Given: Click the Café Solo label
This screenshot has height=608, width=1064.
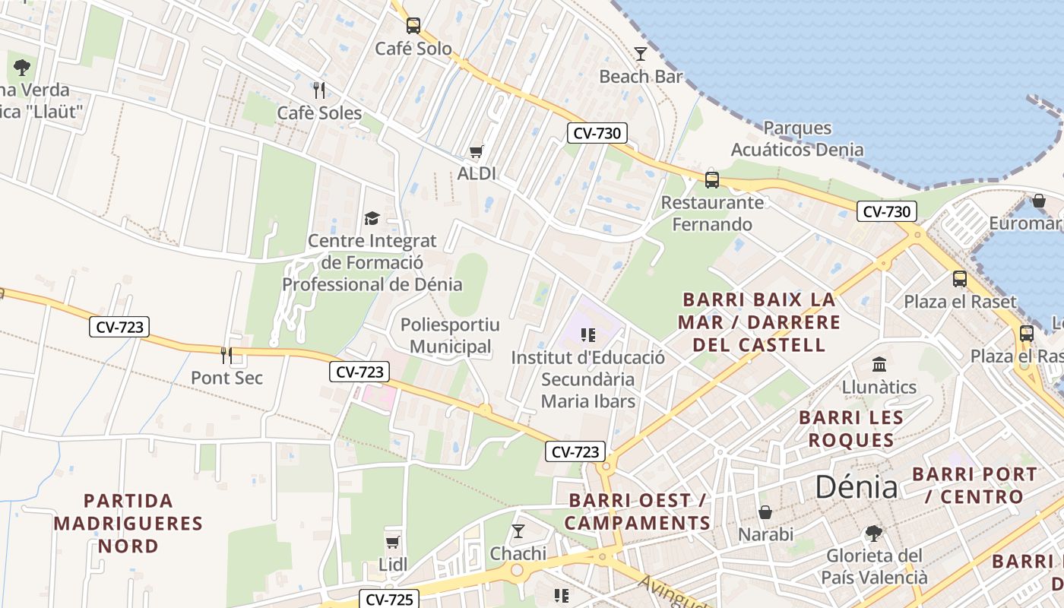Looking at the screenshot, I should pyautogui.click(x=413, y=49).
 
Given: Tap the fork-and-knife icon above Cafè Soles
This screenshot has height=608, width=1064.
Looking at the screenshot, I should pyautogui.click(x=319, y=90).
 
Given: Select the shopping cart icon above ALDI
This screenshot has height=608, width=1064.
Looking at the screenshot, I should pyautogui.click(x=477, y=151).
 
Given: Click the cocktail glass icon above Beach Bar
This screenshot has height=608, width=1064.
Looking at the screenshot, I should pyautogui.click(x=641, y=53).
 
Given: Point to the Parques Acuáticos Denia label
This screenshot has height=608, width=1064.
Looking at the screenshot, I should pyautogui.click(x=797, y=138).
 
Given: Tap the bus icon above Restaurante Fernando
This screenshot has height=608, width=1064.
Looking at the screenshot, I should pyautogui.click(x=712, y=179).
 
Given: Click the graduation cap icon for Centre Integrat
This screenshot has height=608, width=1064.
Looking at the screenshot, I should pyautogui.click(x=372, y=219).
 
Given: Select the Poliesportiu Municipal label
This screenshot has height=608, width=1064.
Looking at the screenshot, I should pyautogui.click(x=450, y=336).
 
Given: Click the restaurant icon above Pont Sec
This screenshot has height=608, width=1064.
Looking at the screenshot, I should pyautogui.click(x=226, y=354).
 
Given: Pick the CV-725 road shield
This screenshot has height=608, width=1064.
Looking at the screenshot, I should pyautogui.click(x=388, y=599).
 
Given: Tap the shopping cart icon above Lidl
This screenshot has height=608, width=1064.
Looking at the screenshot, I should pyautogui.click(x=393, y=542).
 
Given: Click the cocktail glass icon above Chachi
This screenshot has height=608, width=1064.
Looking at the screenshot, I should pyautogui.click(x=518, y=530).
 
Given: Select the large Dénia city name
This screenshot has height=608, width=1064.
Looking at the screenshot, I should pyautogui.click(x=857, y=486).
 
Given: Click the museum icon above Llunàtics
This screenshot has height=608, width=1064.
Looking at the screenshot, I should pyautogui.click(x=879, y=364).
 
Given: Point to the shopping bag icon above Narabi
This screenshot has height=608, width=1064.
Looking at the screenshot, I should pyautogui.click(x=765, y=512).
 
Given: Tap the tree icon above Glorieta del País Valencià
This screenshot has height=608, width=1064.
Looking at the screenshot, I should pyautogui.click(x=874, y=533).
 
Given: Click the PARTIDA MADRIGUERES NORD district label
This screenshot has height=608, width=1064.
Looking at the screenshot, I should pyautogui.click(x=128, y=523).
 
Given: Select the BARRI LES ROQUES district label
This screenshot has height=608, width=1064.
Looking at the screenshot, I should pyautogui.click(x=851, y=429).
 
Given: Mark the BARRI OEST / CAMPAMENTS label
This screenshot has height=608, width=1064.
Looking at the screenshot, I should pyautogui.click(x=638, y=511).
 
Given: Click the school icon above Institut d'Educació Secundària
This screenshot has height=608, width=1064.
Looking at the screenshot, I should pyautogui.click(x=587, y=334).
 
